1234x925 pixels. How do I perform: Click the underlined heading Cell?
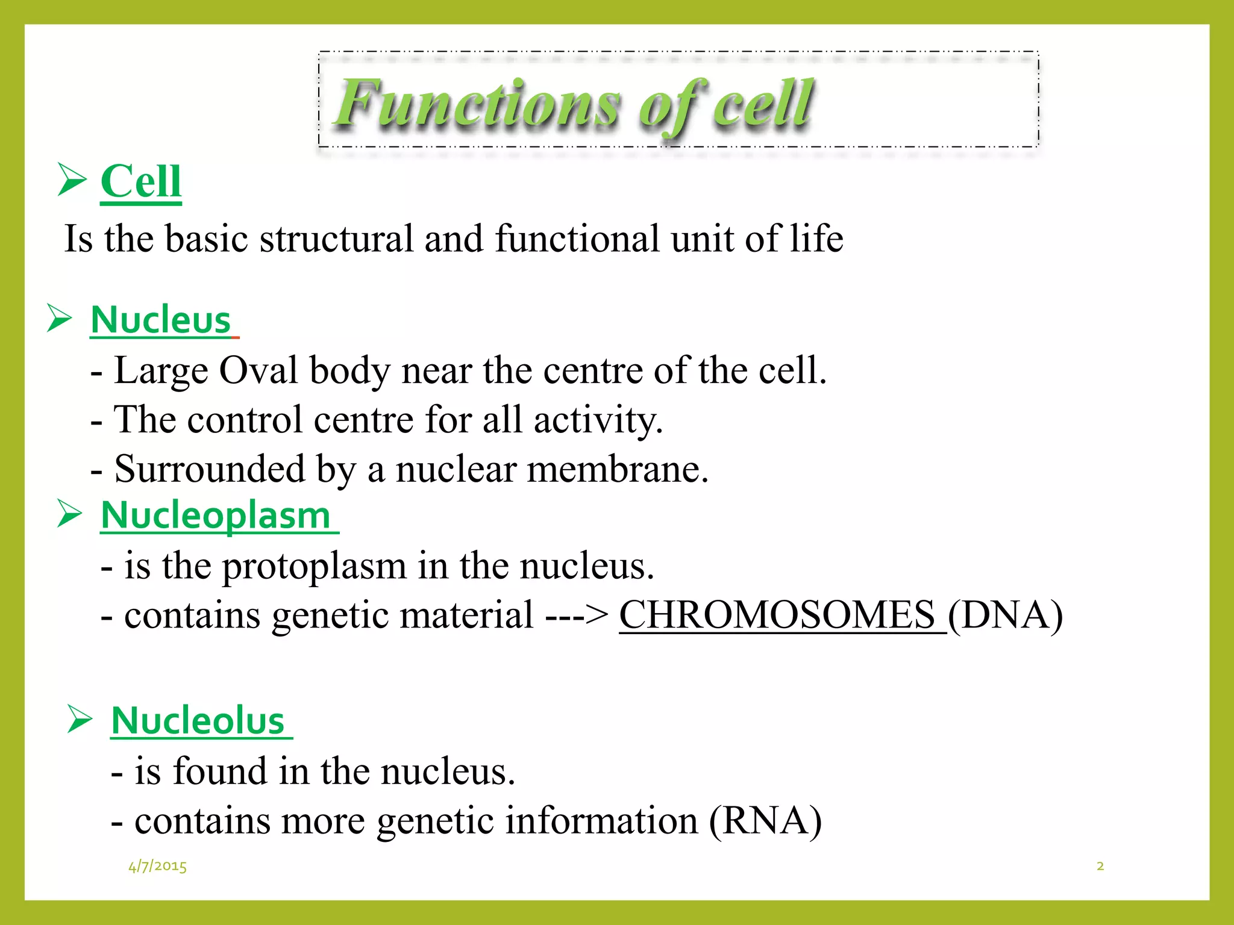click(140, 181)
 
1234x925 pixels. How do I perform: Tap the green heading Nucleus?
click(161, 320)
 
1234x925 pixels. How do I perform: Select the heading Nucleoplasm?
click(216, 516)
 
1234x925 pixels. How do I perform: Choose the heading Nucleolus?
click(198, 721)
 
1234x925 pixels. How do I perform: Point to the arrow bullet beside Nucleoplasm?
click(69, 514)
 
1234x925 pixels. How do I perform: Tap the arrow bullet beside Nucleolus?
click(80, 718)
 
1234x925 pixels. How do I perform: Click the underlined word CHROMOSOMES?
click(777, 615)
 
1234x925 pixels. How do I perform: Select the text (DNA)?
click(1005, 615)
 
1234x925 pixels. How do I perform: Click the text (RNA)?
click(765, 821)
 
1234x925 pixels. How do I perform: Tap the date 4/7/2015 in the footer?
click(157, 866)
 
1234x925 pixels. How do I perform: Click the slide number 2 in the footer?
click(1100, 866)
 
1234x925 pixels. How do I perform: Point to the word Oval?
click(258, 370)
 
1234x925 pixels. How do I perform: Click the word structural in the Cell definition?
click(336, 238)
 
